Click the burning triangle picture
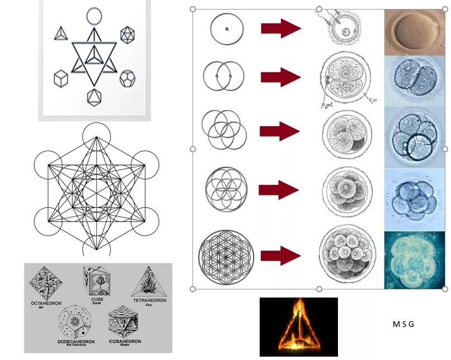(298, 327)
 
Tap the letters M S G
(403, 324)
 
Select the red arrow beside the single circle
(281, 28)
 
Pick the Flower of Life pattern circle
(226, 256)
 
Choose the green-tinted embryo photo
(414, 260)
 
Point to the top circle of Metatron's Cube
(96, 136)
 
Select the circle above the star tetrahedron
(94, 15)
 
